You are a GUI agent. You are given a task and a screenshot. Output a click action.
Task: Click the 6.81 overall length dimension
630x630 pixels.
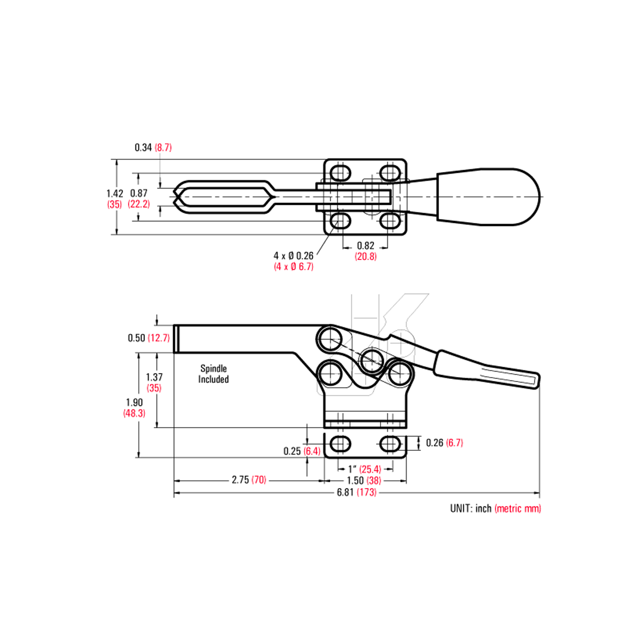pos(345,492)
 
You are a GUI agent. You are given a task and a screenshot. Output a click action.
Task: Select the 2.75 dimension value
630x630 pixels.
pos(240,480)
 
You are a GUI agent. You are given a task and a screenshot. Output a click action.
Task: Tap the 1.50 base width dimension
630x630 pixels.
pos(355,480)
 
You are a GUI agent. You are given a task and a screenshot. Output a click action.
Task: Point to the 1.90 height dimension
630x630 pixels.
pos(134,403)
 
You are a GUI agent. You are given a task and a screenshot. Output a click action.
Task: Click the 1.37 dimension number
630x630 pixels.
pos(154,377)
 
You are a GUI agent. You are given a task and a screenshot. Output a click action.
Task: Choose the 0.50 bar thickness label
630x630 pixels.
pos(136,338)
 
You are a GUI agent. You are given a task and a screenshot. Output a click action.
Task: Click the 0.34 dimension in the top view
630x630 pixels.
pos(143,148)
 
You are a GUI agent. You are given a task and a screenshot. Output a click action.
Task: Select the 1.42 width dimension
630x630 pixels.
pos(115,194)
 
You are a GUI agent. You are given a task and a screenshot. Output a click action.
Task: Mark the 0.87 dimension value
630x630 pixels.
pos(139,194)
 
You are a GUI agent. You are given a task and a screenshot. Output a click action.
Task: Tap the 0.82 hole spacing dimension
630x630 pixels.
pos(366,246)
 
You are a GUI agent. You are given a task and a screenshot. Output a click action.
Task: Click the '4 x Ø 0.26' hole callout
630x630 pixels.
pos(293,256)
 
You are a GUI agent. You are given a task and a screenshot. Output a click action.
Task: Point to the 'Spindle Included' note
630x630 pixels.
pos(214,374)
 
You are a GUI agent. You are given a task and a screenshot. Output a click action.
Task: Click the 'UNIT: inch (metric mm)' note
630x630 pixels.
pos(495,508)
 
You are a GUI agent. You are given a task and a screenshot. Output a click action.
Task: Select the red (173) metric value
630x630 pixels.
pos(367,492)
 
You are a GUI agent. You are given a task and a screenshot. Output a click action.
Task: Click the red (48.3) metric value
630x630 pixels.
pos(134,413)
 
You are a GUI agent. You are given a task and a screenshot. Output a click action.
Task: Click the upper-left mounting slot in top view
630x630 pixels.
pos(340,173)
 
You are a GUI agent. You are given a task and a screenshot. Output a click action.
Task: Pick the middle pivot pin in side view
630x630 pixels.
pos(372,360)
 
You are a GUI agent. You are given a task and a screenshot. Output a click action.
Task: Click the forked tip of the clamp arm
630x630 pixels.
pos(180,197)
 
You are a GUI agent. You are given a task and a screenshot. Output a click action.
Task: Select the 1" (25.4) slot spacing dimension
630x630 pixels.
pos(365,469)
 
